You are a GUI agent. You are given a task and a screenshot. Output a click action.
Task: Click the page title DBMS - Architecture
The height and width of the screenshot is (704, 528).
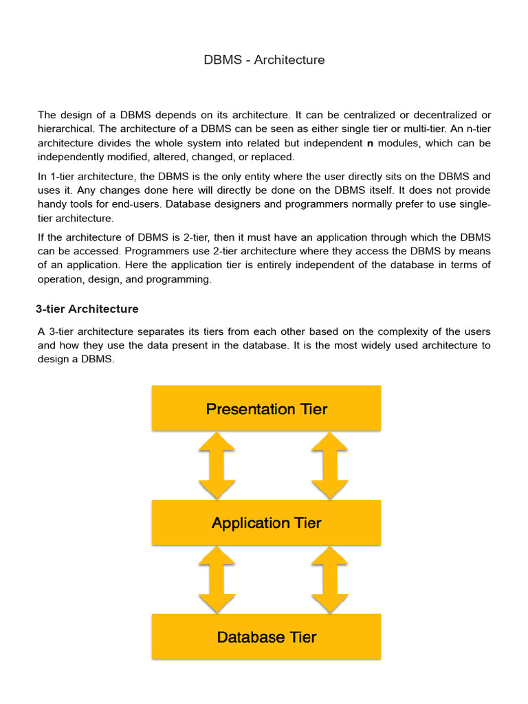[264, 60]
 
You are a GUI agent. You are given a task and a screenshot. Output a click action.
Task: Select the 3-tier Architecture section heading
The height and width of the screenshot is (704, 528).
[87, 309]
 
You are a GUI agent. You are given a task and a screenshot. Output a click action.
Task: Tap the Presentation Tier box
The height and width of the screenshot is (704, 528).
[266, 409]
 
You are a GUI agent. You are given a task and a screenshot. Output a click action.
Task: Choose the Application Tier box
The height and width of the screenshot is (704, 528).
[266, 522]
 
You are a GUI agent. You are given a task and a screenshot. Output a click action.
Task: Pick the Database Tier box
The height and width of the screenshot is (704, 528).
[266, 637]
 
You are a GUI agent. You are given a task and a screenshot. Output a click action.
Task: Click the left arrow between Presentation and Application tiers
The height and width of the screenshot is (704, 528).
[217, 465]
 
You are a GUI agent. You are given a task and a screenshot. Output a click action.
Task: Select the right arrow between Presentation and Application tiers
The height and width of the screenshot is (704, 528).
[329, 465]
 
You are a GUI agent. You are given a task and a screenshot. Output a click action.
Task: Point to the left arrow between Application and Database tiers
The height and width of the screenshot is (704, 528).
[217, 580]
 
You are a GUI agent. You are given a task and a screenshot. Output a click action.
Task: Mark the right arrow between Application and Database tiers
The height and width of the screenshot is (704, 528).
[329, 580]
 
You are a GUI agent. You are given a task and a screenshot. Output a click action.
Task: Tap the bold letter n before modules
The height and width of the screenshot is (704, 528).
[369, 143]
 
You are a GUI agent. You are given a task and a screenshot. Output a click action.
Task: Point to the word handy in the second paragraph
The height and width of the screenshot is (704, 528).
[52, 204]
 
